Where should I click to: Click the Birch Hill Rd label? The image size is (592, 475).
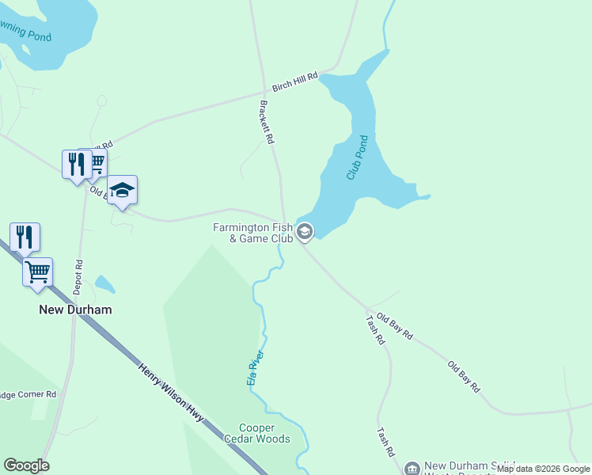click(294, 82)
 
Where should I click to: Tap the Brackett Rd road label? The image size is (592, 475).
click(267, 121)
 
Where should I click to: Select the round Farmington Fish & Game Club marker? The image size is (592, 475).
click(305, 232)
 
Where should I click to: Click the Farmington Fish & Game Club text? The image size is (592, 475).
click(252, 233)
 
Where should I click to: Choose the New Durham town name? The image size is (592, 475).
click(75, 310)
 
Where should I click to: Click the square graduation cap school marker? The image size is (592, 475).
click(122, 190)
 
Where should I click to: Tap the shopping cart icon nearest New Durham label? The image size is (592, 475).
click(37, 272)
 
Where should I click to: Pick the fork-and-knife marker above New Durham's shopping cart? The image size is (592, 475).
click(25, 237)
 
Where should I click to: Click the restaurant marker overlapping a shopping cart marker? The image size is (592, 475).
click(76, 164)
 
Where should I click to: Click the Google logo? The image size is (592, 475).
click(26, 465)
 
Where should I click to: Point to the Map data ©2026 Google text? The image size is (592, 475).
click(544, 469)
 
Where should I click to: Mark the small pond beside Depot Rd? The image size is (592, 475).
click(104, 283)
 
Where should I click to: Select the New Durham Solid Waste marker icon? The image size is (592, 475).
click(412, 469)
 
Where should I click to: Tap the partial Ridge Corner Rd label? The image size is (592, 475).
click(28, 394)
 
